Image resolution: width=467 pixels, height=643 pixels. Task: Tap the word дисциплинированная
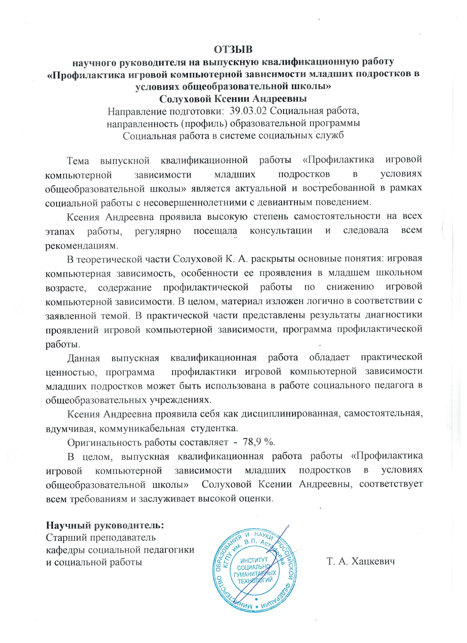(290, 414)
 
